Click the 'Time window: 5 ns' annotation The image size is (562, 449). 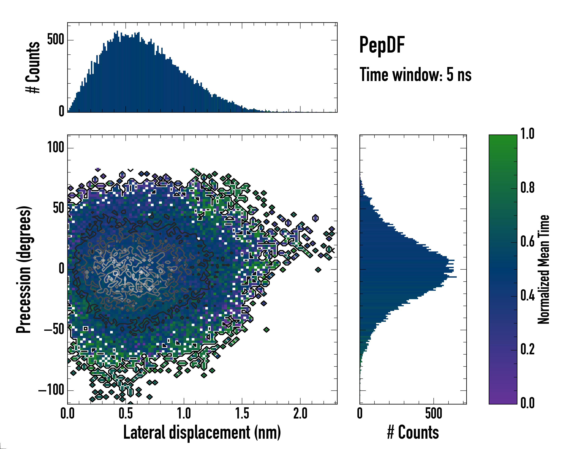coord(415,75)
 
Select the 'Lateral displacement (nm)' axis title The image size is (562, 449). coord(202,433)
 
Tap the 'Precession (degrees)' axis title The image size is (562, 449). coord(24,269)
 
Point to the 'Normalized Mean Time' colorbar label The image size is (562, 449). coord(543,269)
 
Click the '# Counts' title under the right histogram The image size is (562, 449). coord(413,433)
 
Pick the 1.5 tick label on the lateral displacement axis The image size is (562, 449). coord(242,414)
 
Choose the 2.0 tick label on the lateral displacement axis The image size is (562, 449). coord(300,414)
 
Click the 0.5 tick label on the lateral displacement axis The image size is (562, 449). coord(126,414)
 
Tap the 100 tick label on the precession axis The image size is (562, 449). coord(55,148)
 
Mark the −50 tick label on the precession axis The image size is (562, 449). coord(54,330)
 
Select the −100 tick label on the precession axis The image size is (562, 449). coord(51,390)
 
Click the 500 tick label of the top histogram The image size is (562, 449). coord(55,40)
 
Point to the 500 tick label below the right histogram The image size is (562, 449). coord(434,414)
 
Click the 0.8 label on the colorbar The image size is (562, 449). coord(527,188)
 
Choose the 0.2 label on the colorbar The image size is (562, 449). coord(527,350)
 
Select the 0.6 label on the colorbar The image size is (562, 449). coord(527,242)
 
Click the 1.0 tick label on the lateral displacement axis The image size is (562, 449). coord(184,414)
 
